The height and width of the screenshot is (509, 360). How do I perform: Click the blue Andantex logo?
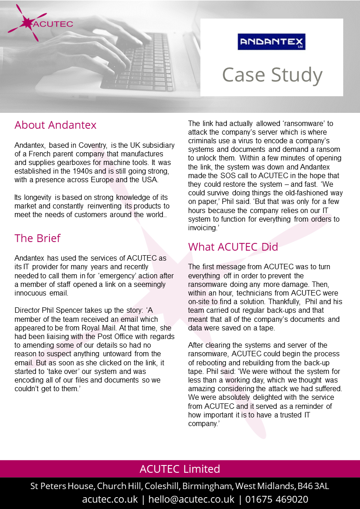pos(272,42)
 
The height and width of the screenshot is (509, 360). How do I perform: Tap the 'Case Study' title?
pos(272,75)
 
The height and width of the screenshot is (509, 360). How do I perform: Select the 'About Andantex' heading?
pos(55,125)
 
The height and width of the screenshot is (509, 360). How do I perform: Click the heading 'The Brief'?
pos(37,238)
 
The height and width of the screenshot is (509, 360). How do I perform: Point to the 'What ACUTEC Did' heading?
pos(233,247)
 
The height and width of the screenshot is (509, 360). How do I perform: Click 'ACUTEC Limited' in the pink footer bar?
pos(180,469)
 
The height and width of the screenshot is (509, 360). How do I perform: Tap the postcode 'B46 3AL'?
pos(313,486)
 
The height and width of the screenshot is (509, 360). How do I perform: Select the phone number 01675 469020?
pos(277,499)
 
